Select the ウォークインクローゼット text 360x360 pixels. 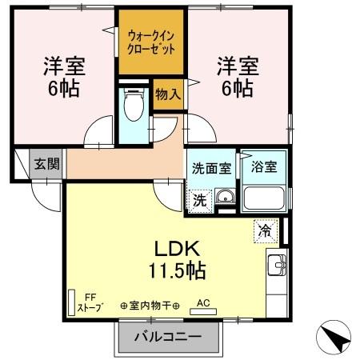pyautogui.click(x=151, y=42)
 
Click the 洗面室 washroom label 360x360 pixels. pyautogui.click(x=211, y=169)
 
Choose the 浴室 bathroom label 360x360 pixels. pyautogui.click(x=263, y=169)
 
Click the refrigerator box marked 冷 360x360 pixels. pyautogui.click(x=264, y=230)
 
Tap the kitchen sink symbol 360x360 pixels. pyautogui.click(x=277, y=263)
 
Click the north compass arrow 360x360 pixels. pyautogui.click(x=338, y=336)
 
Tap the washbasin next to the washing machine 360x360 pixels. pyautogui.click(x=225, y=198)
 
